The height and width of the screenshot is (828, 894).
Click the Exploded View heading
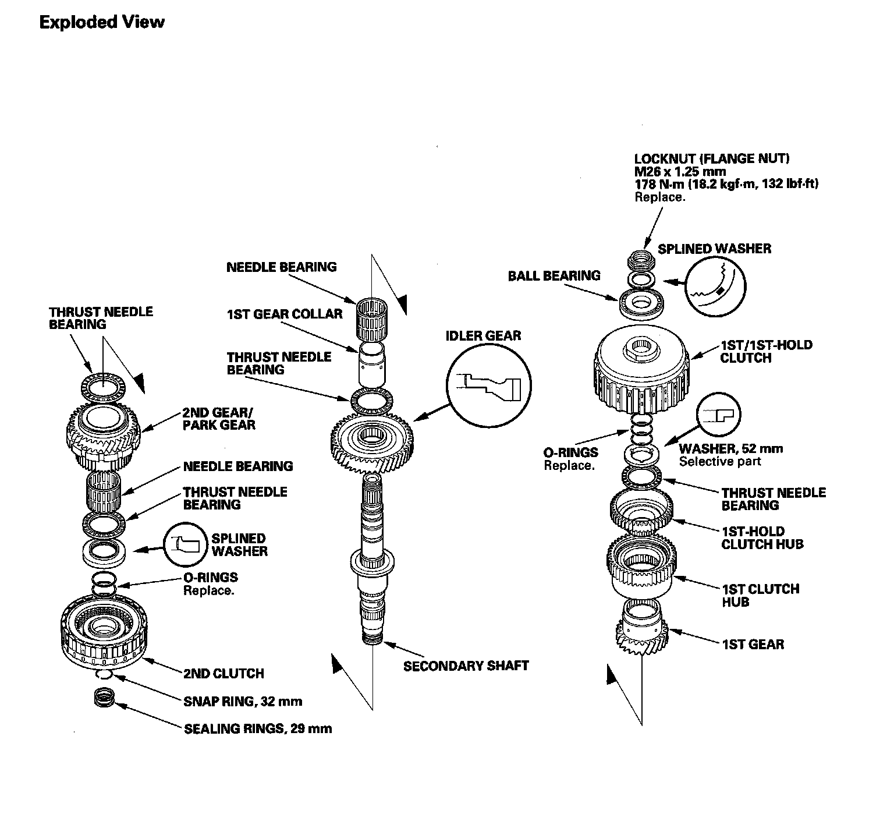pyautogui.click(x=102, y=22)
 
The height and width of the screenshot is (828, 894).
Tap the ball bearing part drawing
pyautogui.click(x=642, y=303)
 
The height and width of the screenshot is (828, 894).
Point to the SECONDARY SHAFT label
pyautogui.click(x=466, y=666)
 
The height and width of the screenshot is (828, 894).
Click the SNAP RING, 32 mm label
pyautogui.click(x=243, y=701)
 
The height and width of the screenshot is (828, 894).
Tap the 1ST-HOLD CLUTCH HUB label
pyautogui.click(x=762, y=537)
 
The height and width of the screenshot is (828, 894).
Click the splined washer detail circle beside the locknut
pyautogui.click(x=715, y=285)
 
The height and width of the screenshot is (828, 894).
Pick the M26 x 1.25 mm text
pyautogui.click(x=680, y=171)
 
